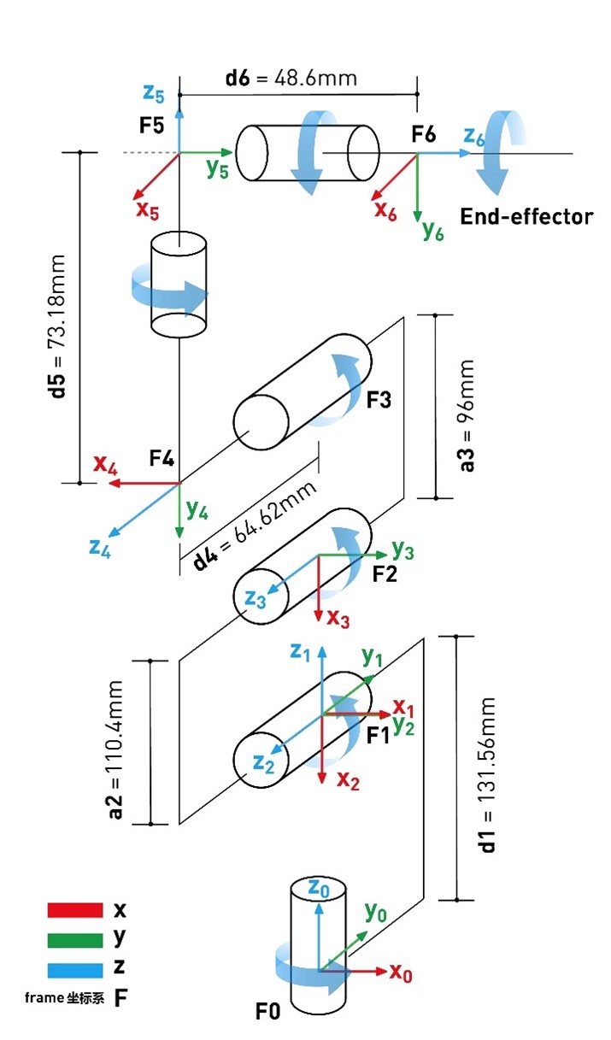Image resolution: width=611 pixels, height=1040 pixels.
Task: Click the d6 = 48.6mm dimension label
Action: [x=291, y=79]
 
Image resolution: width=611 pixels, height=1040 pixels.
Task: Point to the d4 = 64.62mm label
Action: [x=256, y=525]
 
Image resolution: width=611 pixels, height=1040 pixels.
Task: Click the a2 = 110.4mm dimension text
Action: [x=117, y=749]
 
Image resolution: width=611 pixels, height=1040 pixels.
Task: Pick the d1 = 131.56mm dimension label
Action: [x=488, y=774]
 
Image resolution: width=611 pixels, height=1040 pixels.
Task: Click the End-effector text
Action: [x=526, y=216]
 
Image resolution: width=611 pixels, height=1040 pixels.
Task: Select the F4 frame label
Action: [x=162, y=460]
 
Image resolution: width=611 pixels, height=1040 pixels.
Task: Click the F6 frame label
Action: [x=423, y=134]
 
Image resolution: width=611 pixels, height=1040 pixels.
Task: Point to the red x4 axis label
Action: [x=105, y=465]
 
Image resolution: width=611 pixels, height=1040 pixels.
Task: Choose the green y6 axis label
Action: [x=433, y=230]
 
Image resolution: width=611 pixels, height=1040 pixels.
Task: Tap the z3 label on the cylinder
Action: [x=256, y=599]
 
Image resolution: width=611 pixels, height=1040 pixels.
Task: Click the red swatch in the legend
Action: [x=75, y=911]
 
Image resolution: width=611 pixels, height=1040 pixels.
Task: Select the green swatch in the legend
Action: [x=75, y=939]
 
